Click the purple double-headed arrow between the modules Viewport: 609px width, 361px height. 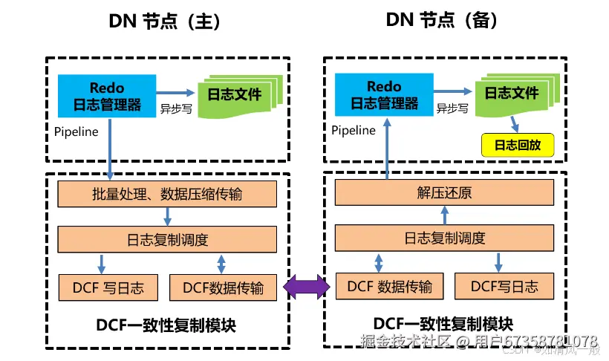tap(304, 287)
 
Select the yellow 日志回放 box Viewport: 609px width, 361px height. tap(518, 146)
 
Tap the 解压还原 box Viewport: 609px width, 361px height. tap(444, 194)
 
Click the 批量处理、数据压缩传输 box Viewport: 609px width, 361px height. tap(167, 195)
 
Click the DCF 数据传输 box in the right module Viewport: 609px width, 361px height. tap(384, 286)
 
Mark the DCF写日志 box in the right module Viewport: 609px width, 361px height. tap(504, 286)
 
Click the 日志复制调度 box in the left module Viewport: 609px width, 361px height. tap(167, 240)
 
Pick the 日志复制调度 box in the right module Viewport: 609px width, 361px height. tap(444, 238)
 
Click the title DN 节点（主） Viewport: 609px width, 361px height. tap(164, 22)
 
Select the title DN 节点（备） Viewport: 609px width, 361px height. tap(441, 20)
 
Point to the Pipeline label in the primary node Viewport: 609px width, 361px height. tap(76, 131)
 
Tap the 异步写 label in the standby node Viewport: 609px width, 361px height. tap(452, 108)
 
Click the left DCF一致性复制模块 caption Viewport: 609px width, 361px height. tap(166, 325)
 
